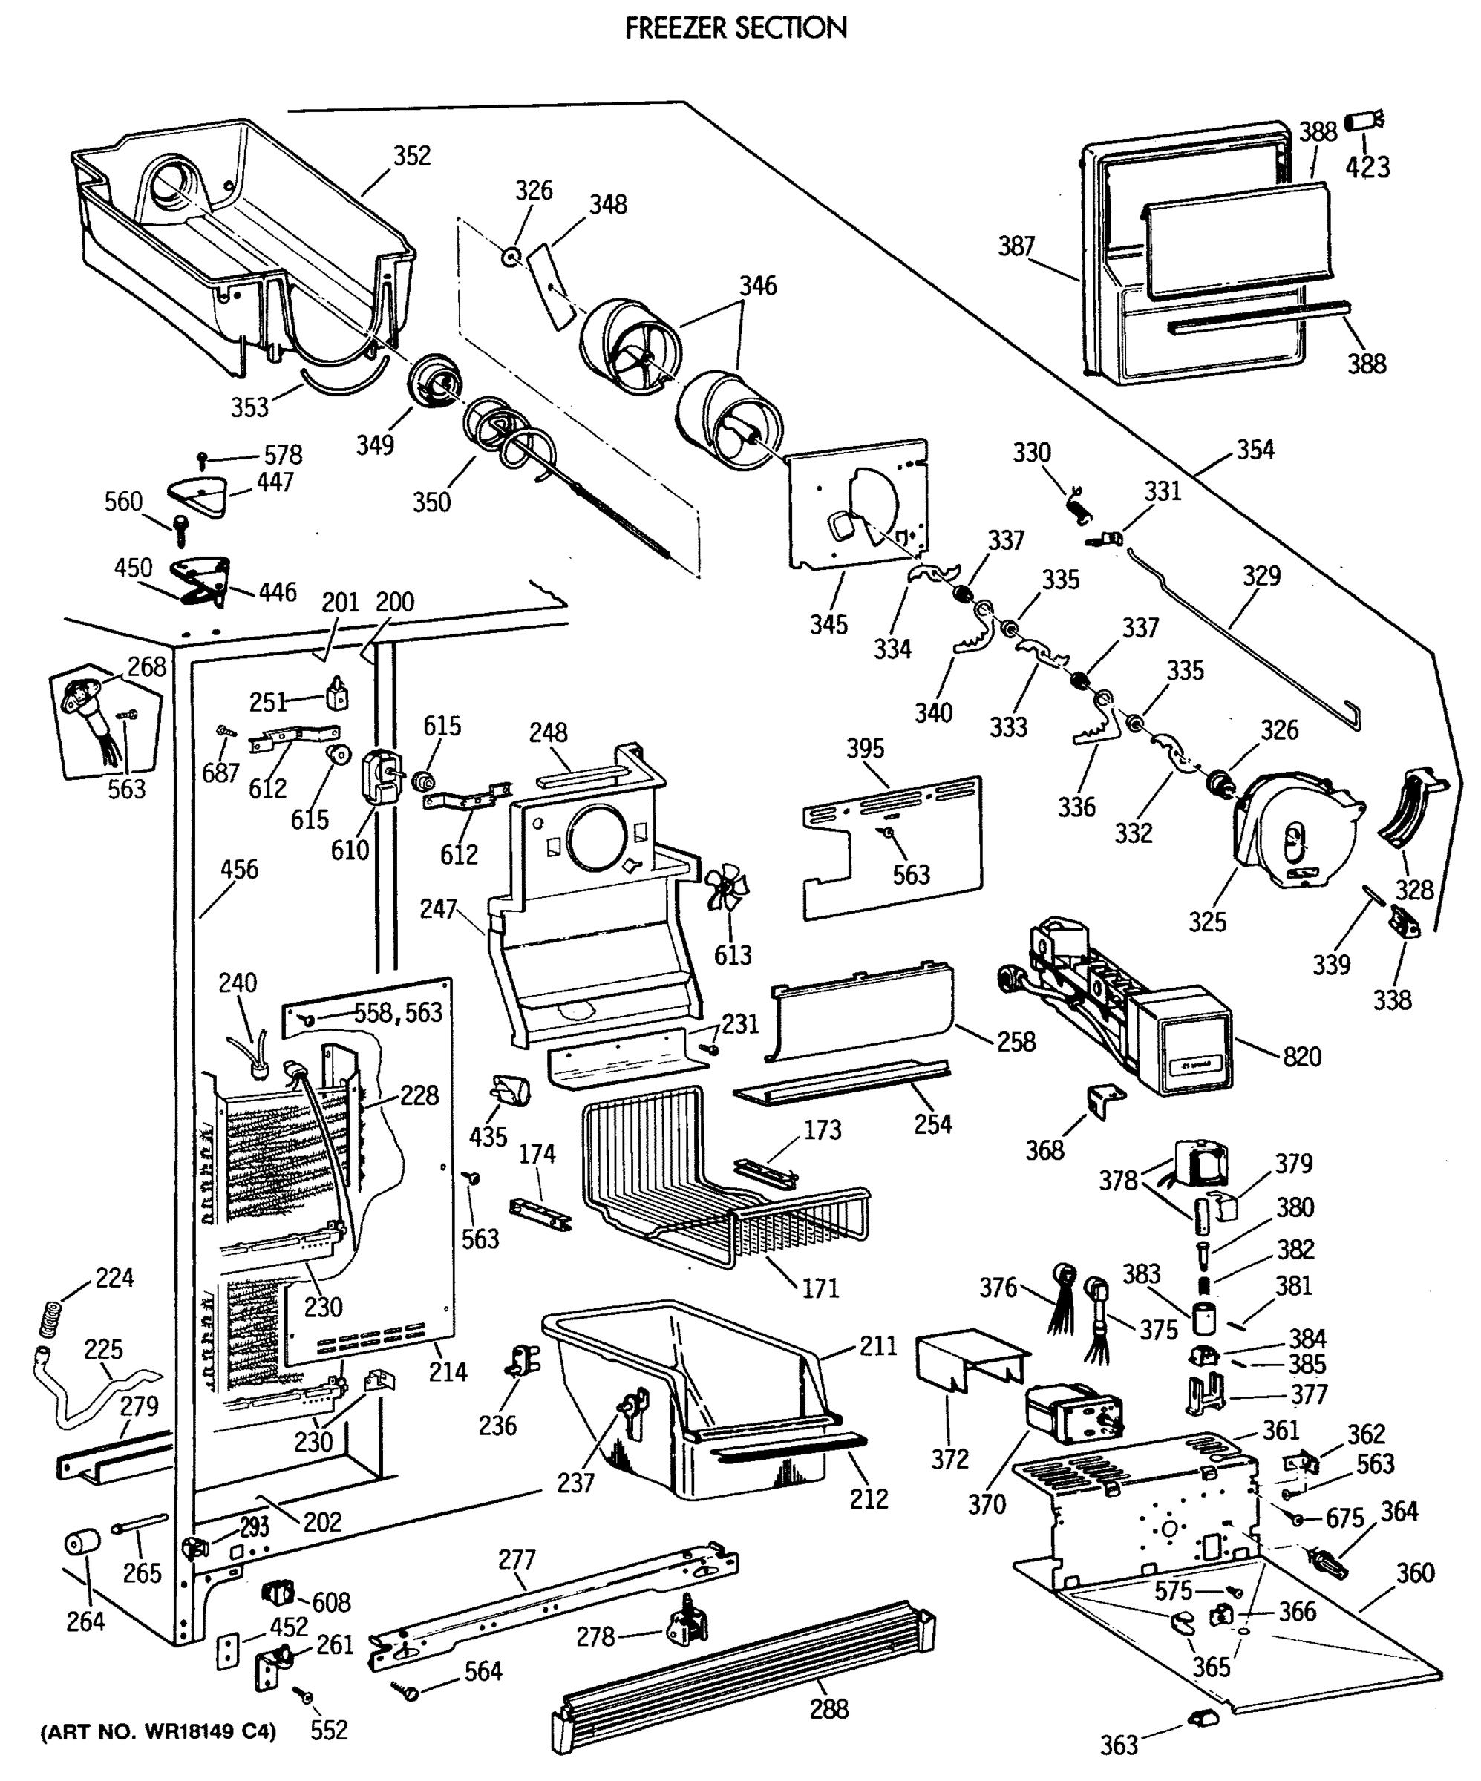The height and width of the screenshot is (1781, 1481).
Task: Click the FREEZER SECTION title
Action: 736,28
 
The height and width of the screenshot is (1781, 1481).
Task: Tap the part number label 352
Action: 411,156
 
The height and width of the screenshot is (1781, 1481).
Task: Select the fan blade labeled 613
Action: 727,887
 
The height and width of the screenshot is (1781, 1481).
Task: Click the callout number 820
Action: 1301,1056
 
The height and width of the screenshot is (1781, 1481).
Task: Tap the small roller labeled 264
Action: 82,1543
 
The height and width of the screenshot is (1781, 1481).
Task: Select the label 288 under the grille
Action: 828,1708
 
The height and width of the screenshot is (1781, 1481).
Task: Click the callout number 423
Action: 1367,167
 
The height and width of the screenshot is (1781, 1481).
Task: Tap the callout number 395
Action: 864,748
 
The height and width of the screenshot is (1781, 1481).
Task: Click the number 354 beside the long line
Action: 1255,450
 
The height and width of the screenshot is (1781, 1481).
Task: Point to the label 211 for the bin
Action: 878,1346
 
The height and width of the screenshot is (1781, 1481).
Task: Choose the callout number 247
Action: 438,908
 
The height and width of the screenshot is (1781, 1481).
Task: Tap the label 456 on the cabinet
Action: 238,869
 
